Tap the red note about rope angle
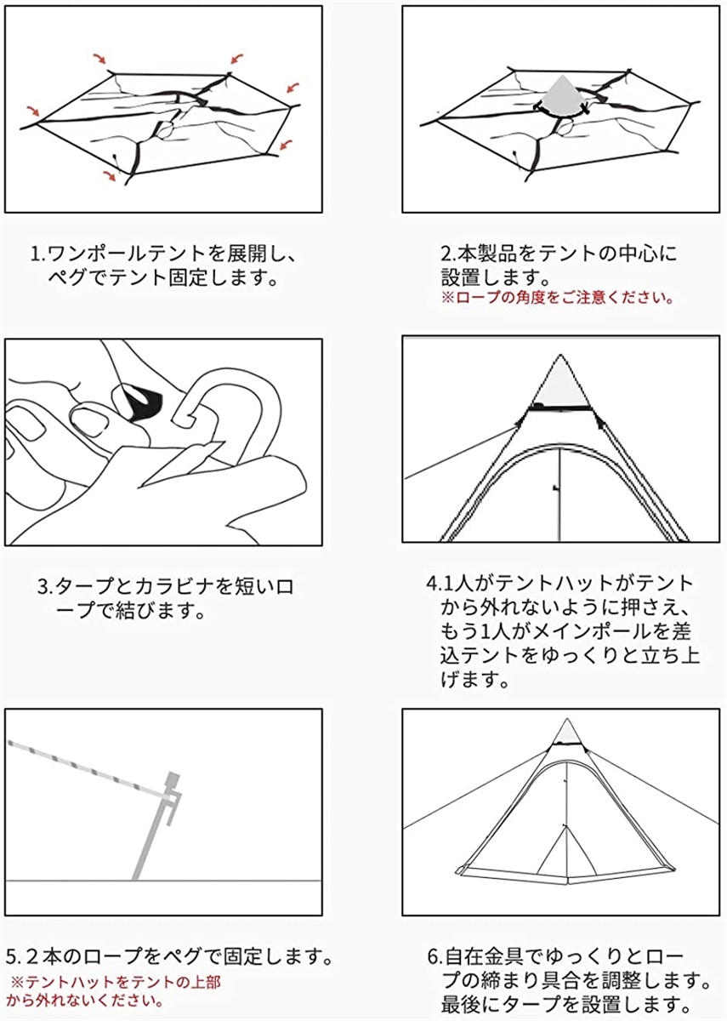coord(557,299)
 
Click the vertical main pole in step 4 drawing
coord(559,493)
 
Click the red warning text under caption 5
coord(114,990)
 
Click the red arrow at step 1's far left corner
coord(32,111)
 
